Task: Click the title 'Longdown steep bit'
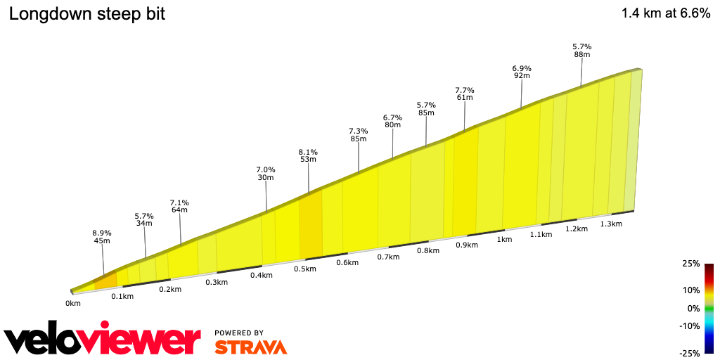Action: [x=86, y=13]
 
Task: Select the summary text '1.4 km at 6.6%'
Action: [x=666, y=13]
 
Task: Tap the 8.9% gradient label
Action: [x=102, y=232]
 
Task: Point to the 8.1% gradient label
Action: [x=308, y=151]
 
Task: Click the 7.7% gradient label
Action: [x=465, y=90]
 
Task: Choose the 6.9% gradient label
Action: [x=522, y=67]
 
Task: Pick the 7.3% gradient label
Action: [x=359, y=131]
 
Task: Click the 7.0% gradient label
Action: [x=266, y=169]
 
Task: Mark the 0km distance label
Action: [x=73, y=303]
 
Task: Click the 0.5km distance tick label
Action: [x=305, y=269]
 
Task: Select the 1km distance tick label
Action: [x=504, y=240]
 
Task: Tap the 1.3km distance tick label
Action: [x=611, y=224]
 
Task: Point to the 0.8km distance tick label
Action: [x=427, y=251]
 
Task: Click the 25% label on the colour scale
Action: [x=691, y=264]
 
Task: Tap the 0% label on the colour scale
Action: [x=693, y=308]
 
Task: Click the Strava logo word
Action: [x=250, y=347]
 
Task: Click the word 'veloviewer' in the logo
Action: [x=102, y=340]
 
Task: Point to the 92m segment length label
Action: [x=522, y=75]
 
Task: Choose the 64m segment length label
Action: [x=179, y=210]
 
